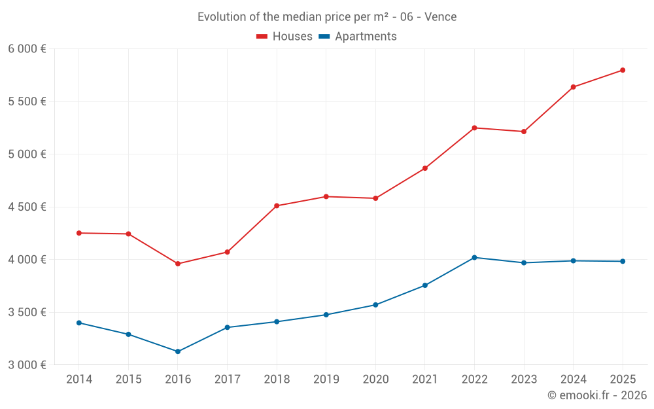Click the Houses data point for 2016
(178, 264)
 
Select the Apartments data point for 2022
(474, 257)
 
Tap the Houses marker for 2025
(623, 70)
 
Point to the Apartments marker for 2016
(178, 351)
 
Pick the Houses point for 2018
(277, 205)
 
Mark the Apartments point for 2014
(79, 323)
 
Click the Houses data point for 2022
(474, 128)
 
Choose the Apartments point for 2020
(375, 305)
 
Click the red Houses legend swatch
(262, 37)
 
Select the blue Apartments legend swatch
(324, 37)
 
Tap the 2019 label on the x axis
(326, 380)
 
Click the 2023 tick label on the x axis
(524, 380)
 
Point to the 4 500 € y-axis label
(27, 207)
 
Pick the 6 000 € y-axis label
(27, 49)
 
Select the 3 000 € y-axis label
(27, 365)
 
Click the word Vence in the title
(440, 17)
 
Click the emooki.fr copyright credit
(597, 395)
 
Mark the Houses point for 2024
(573, 87)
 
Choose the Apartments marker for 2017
(227, 327)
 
